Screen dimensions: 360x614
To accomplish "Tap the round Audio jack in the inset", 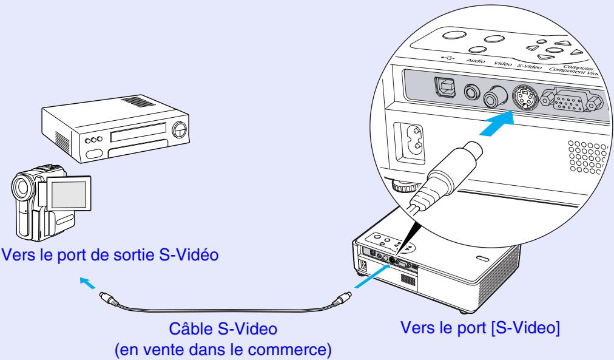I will (471, 92).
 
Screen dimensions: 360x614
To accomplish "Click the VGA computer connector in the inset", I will (568, 101).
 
